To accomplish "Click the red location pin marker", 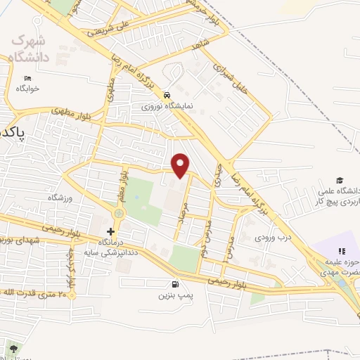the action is (181, 165).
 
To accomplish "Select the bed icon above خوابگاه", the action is (27, 78).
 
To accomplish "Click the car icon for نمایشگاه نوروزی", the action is (166, 95).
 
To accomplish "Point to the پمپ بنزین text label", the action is (172, 296).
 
